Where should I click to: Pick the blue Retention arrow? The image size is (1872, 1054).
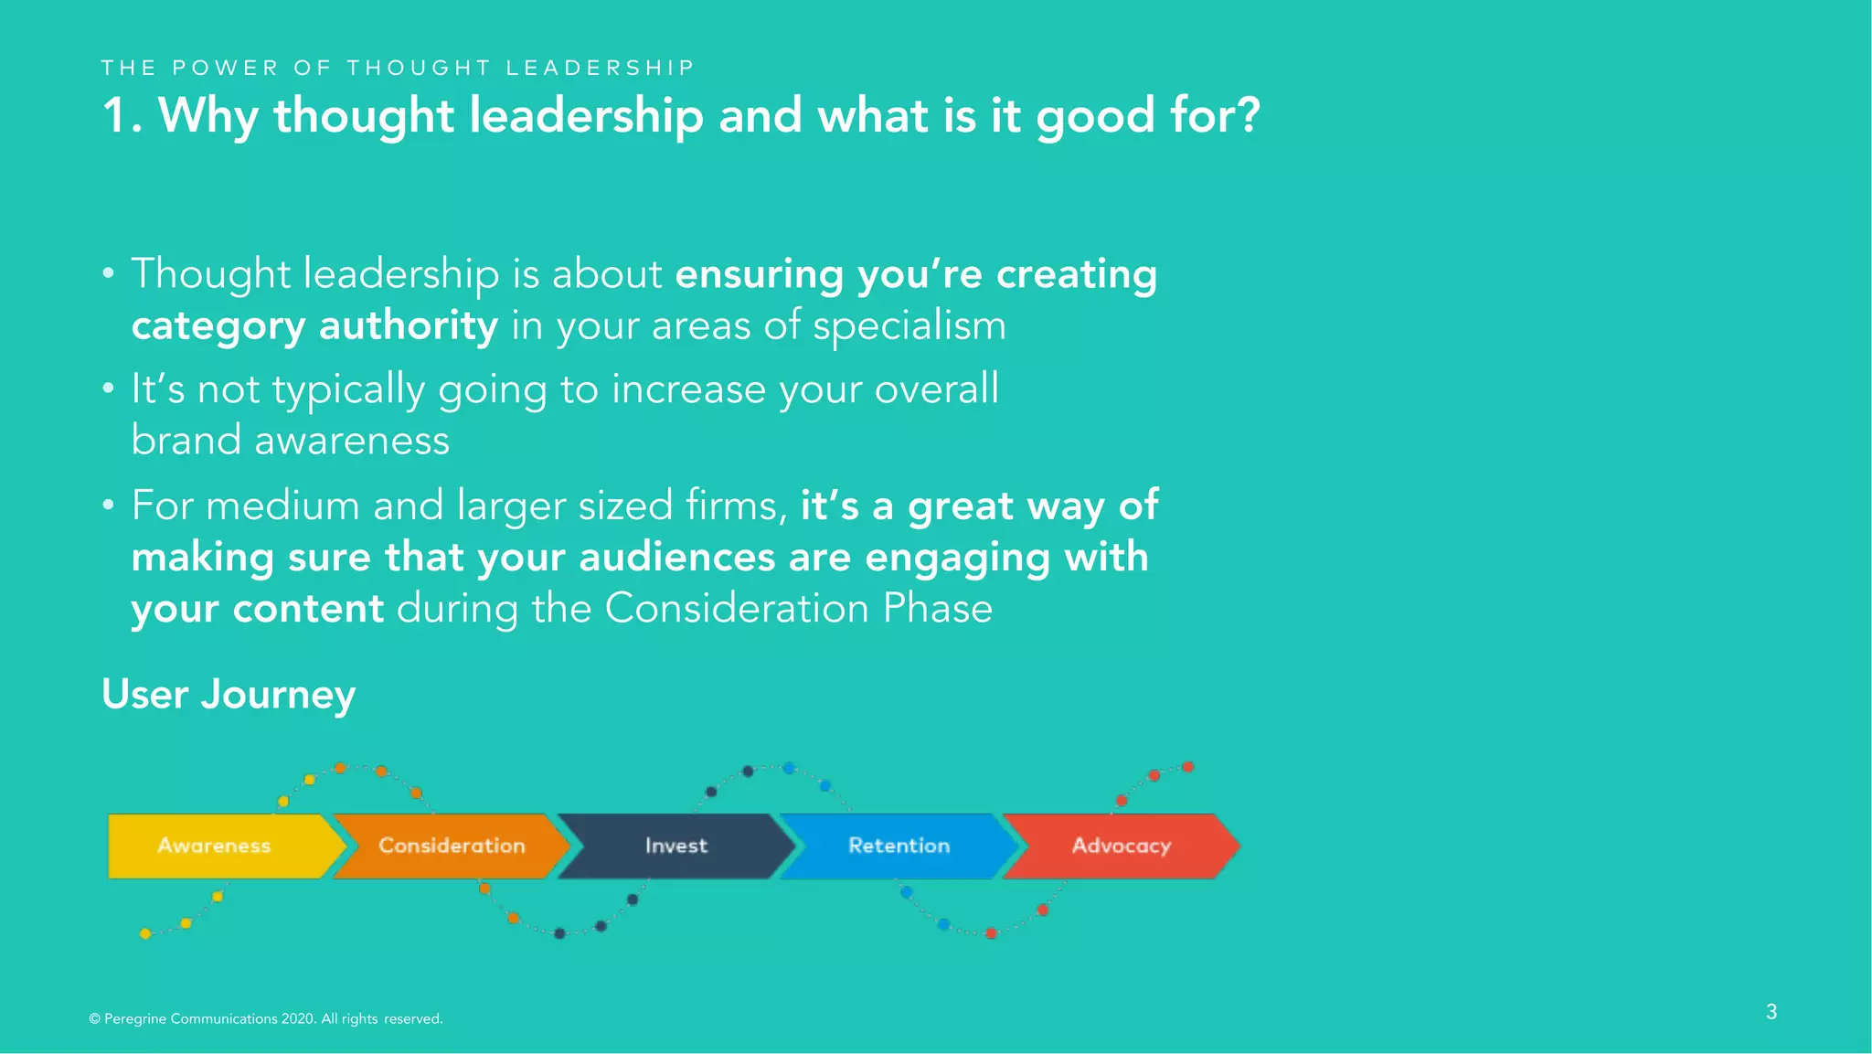[899, 846]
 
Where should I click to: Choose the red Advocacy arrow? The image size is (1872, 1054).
[1122, 846]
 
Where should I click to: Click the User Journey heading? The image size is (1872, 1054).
[229, 695]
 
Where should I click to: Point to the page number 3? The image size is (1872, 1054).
[1771, 1012]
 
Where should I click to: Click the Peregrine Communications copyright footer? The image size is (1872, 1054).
[265, 1018]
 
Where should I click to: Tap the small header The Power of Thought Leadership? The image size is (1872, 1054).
[398, 68]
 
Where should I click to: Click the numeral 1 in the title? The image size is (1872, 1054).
[115, 117]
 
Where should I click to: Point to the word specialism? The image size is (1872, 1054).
[909, 326]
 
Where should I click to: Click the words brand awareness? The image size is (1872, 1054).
[290, 441]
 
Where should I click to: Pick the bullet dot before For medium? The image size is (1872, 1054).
[109, 505]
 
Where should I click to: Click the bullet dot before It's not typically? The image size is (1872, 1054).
[109, 389]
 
